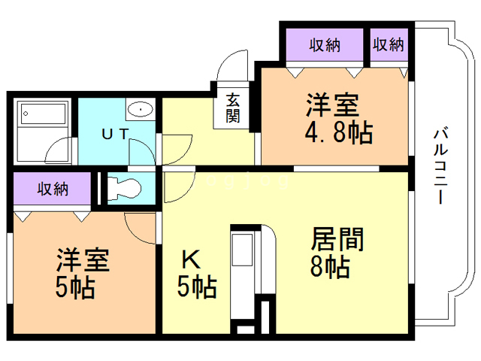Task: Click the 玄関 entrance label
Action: click(233, 108)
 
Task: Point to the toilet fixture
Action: click(123, 187)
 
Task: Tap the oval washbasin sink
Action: click(140, 110)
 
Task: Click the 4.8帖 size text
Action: click(338, 133)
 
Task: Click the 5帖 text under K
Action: click(197, 287)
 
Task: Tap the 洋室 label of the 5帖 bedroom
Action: click(83, 261)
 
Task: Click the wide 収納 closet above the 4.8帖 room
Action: click(325, 45)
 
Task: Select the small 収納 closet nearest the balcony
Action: click(388, 45)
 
